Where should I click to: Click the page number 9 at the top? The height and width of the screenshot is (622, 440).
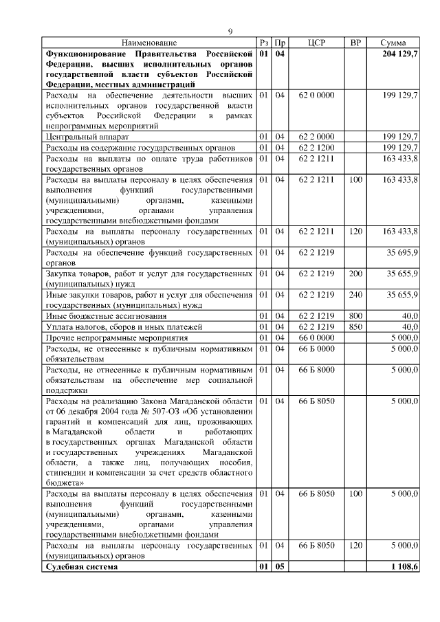231,31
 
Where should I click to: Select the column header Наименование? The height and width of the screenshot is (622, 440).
149,43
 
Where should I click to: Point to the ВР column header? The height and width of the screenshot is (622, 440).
355,43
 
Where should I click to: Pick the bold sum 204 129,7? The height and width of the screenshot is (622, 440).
398,54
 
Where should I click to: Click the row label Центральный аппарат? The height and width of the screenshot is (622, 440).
86,137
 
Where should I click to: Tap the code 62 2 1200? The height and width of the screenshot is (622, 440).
316,148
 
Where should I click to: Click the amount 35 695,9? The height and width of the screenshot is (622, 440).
400,253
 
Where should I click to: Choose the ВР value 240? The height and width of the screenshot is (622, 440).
355,295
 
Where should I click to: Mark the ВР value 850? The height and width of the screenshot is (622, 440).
355,326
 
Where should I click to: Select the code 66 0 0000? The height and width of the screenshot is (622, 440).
316,337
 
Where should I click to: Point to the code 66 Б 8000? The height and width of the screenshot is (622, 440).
316,369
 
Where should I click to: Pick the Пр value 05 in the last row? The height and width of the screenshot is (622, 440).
280,567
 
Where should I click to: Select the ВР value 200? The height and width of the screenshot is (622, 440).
355,274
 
